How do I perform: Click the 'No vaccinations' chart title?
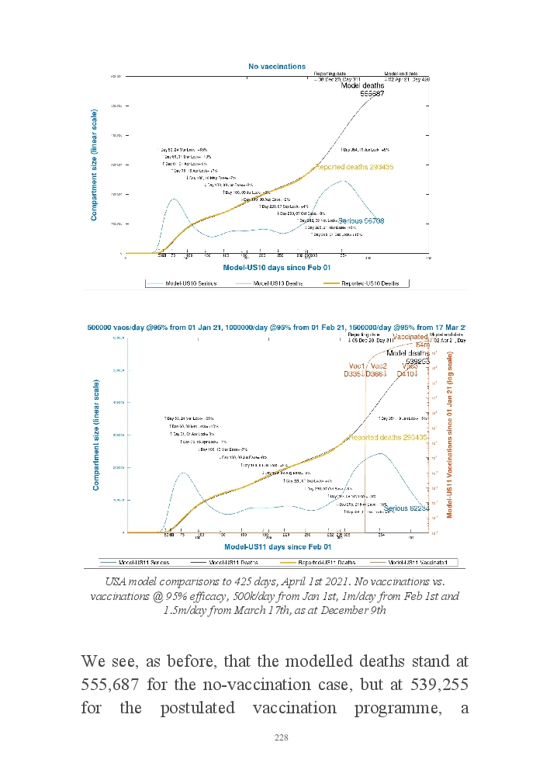click(x=277, y=67)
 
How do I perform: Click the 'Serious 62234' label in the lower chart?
click(x=407, y=508)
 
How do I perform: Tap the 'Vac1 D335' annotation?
click(x=357, y=370)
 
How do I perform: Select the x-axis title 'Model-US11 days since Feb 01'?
click(x=274, y=548)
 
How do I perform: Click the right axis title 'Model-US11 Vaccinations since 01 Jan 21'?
click(x=451, y=435)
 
